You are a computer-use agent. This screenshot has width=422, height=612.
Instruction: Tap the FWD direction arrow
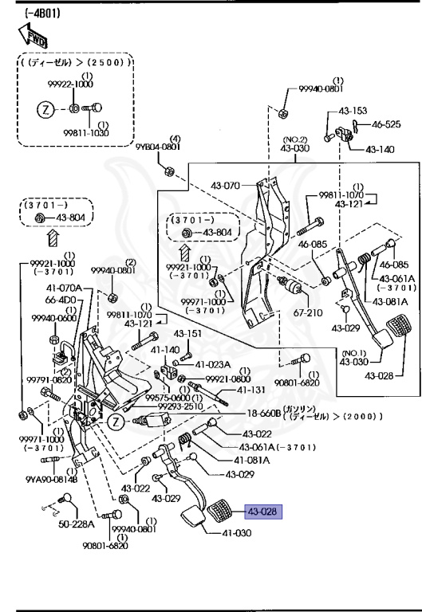point(33,35)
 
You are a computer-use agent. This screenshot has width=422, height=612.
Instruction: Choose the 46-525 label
point(388,124)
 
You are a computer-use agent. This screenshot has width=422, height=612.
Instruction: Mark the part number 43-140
point(381,149)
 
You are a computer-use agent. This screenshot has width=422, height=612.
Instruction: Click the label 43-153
point(353,111)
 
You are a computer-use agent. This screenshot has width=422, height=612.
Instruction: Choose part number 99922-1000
point(73,84)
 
